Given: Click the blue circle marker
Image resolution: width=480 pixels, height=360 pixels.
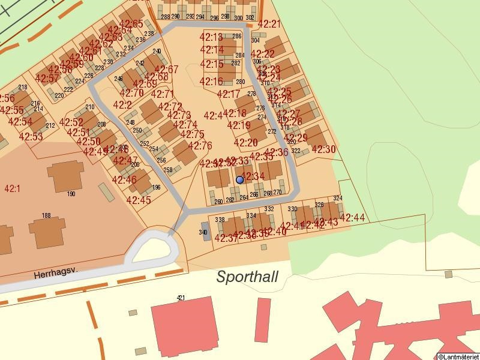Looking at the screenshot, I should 240,179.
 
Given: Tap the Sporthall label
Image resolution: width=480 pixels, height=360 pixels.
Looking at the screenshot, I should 247,277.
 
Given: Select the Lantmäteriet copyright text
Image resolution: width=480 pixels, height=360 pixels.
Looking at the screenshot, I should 458,356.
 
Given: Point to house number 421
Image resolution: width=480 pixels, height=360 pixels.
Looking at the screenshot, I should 181,298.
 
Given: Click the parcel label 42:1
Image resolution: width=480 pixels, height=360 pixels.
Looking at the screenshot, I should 12,188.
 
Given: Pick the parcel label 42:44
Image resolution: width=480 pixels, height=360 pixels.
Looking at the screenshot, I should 352,217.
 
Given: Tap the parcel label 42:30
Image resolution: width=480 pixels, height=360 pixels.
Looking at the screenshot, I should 324,149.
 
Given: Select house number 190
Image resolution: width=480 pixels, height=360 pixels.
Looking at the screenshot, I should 71,194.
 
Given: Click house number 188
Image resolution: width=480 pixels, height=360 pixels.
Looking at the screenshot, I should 46,215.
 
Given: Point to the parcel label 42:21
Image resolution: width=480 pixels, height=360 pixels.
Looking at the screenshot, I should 269,24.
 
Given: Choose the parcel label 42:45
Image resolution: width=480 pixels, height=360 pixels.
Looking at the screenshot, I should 139,200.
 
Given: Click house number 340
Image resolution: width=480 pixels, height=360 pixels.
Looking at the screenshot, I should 203,232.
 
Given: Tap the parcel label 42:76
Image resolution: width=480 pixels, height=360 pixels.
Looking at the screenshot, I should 200,146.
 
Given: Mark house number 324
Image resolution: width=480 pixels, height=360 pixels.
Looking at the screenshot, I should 337,198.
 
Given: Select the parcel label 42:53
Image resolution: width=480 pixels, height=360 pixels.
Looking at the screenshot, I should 31,137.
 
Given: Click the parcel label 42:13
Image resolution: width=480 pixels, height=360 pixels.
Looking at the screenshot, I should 211,38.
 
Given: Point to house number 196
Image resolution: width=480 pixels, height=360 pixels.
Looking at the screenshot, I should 156,188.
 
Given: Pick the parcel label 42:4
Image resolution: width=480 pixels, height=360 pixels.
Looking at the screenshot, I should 213,115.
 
